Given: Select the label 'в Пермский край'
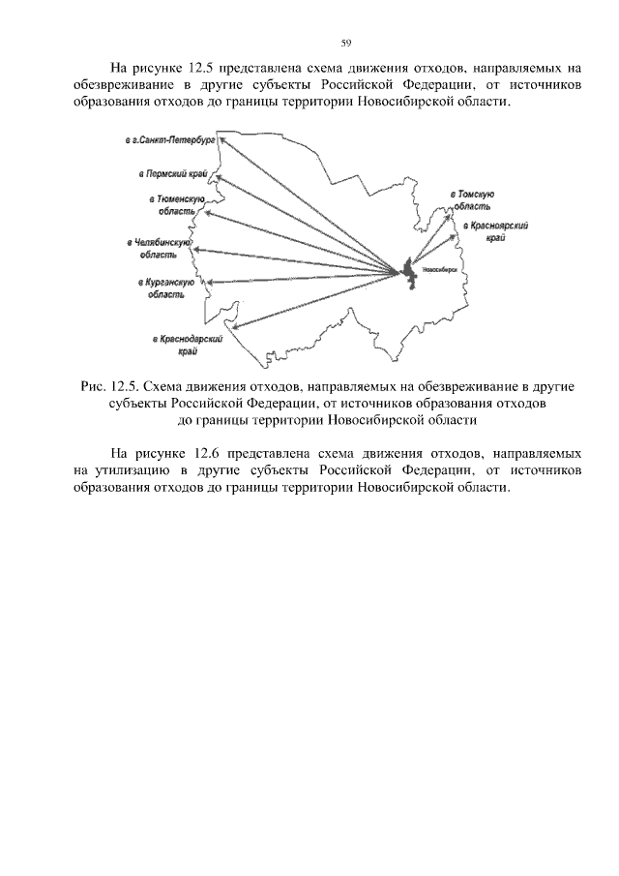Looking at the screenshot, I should (x=171, y=174).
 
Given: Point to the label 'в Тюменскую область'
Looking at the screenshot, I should (x=170, y=204).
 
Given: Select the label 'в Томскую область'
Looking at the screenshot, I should (x=473, y=200).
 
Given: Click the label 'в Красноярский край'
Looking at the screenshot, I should (x=494, y=230).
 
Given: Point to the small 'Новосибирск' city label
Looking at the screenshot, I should (x=440, y=270).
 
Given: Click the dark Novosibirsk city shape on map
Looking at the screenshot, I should (x=409, y=271).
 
